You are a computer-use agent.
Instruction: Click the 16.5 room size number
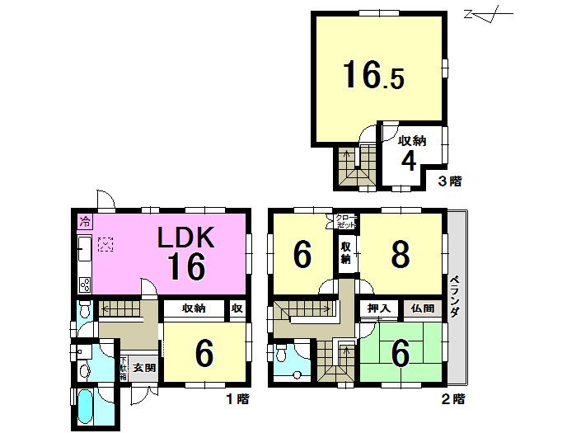pyautogui.click(x=373, y=77)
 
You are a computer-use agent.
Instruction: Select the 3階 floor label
pyautogui.click(x=449, y=180)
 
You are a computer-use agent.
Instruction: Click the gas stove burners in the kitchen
pyautogui.click(x=85, y=285)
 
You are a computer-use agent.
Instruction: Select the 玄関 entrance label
pyautogui.click(x=145, y=368)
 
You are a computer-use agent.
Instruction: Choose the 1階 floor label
pyautogui.click(x=237, y=399)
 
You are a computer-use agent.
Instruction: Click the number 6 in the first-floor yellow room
pyautogui.click(x=204, y=354)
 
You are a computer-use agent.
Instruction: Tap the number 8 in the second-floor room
pyautogui.click(x=400, y=256)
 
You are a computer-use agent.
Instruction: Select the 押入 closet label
pyautogui.click(x=378, y=308)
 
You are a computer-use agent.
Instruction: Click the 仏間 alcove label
pyautogui.click(x=420, y=308)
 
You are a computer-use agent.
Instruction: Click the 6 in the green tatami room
pyautogui.click(x=400, y=354)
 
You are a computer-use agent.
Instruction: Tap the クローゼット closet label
pyautogui.click(x=346, y=220)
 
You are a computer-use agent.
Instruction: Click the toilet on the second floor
pyautogui.click(x=283, y=357)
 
